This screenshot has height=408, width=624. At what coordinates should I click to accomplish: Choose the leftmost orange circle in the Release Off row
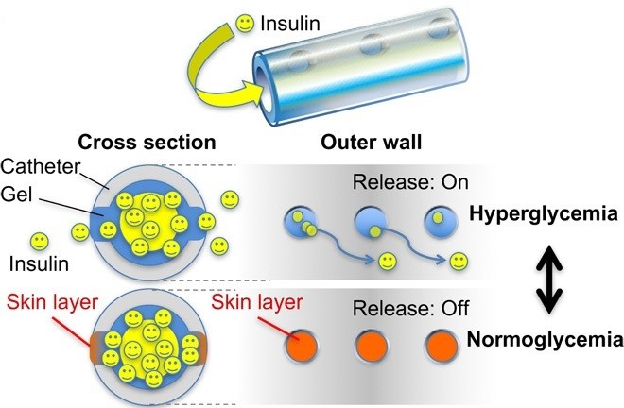301,345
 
